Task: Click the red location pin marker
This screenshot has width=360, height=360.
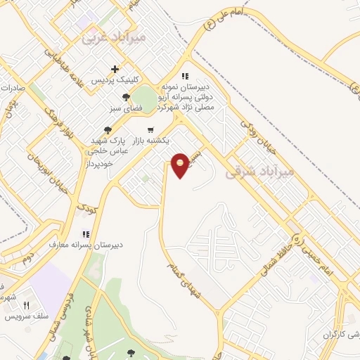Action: tap(181, 165)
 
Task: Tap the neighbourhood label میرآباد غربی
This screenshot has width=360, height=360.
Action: tap(113, 37)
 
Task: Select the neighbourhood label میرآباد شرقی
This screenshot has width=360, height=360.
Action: tap(258, 171)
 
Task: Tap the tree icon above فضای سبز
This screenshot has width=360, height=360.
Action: tap(125, 98)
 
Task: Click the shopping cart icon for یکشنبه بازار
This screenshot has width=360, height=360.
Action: tap(150, 130)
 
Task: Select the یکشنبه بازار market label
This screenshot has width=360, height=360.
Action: tap(164, 141)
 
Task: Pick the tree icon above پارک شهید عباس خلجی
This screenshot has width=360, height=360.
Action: tap(108, 129)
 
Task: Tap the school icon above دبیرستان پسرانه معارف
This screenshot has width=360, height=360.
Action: tap(86, 233)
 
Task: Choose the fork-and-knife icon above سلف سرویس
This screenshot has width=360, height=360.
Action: tap(26, 305)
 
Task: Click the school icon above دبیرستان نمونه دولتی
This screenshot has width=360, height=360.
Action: tap(185, 76)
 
